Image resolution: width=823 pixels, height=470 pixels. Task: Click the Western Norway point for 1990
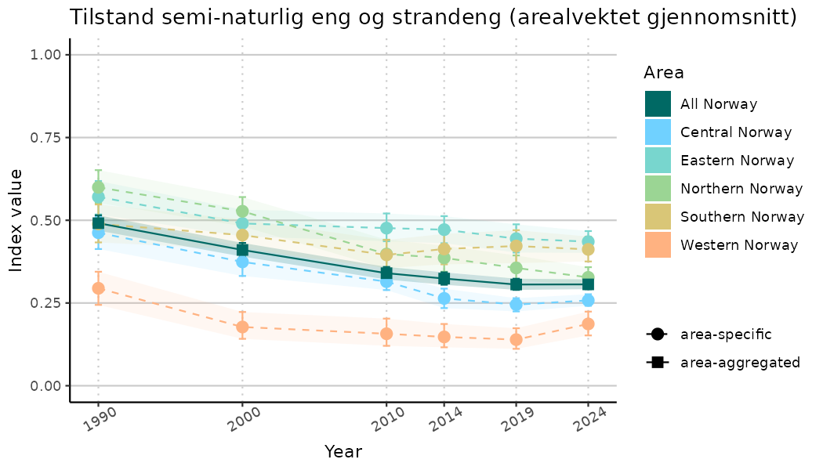pos(98,288)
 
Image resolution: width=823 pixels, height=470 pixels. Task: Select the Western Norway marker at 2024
pos(588,324)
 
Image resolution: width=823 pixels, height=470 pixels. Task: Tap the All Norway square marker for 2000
pos(242,250)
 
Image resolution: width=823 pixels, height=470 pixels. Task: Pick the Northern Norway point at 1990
pos(98,187)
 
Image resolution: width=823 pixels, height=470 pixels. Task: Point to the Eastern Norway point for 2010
pos(386,228)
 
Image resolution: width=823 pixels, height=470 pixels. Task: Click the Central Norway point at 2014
pos(444,298)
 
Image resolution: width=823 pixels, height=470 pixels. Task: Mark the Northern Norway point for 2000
pos(242,211)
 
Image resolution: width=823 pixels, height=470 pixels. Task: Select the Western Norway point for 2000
pos(242,327)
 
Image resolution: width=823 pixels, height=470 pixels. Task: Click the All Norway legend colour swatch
pos(658,104)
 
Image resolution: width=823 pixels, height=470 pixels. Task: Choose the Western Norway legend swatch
pos(658,245)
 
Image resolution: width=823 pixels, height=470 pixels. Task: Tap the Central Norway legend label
pos(736,132)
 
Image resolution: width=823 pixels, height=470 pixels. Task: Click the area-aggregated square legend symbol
pos(656,363)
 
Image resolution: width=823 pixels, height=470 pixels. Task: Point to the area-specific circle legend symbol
pos(656,334)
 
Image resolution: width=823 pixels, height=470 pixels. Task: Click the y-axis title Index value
pos(16,220)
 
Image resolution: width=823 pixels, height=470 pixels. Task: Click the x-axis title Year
pos(343,452)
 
